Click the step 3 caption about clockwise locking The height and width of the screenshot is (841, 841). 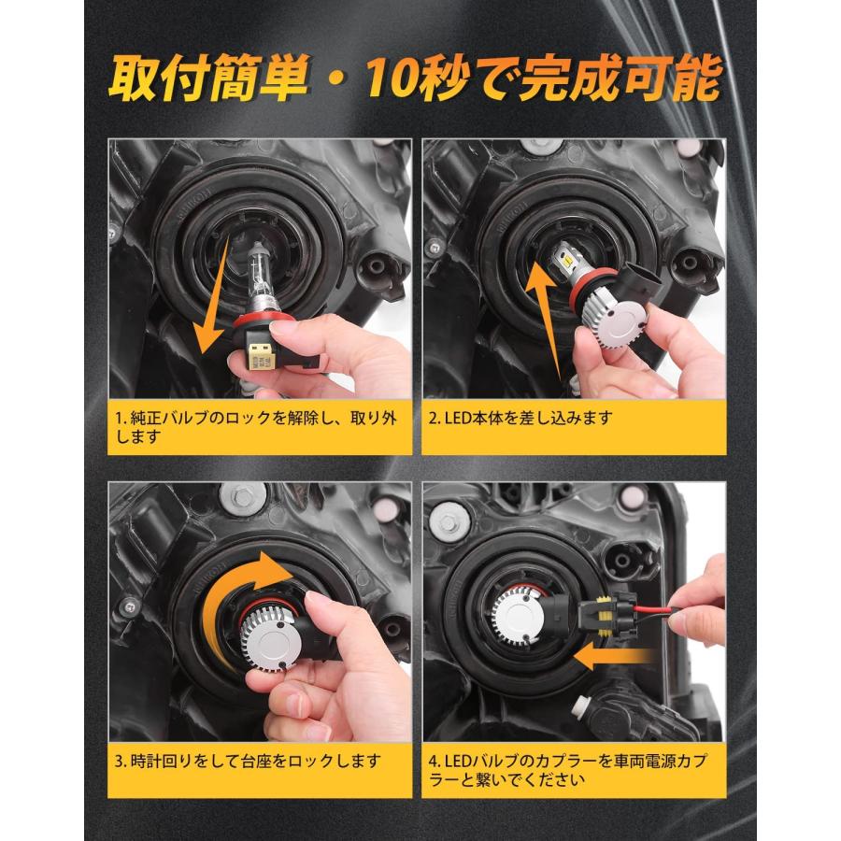click(x=248, y=759)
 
